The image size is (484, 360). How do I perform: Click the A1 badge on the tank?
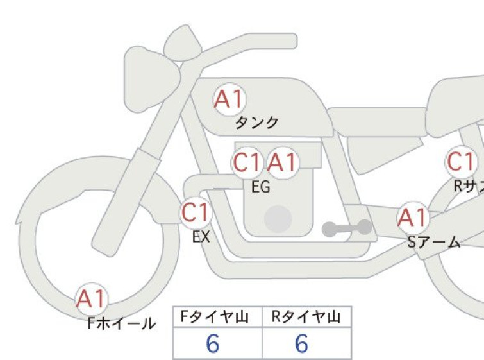coord(230,99)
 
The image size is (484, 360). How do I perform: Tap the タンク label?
coord(257,123)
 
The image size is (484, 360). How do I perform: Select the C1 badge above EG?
coord(247,162)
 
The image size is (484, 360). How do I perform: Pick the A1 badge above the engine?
coord(283,162)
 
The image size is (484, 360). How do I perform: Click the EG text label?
coord(261,187)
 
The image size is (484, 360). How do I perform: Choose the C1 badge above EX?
coord(196,212)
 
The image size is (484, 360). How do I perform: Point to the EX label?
coord(201,237)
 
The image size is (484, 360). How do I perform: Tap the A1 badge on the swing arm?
coord(413,218)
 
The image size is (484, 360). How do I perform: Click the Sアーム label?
coord(434,243)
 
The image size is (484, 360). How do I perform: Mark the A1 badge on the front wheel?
coord(92,299)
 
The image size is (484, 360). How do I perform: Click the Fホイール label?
coord(121,323)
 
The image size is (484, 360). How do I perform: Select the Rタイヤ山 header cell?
coord(307,317)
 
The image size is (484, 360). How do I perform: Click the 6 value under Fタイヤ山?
coord(213,343)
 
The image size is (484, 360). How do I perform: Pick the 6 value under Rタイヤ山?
coord(302,343)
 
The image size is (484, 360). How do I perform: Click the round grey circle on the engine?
coord(278,219)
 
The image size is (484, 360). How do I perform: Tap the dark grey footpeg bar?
coord(347,228)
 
